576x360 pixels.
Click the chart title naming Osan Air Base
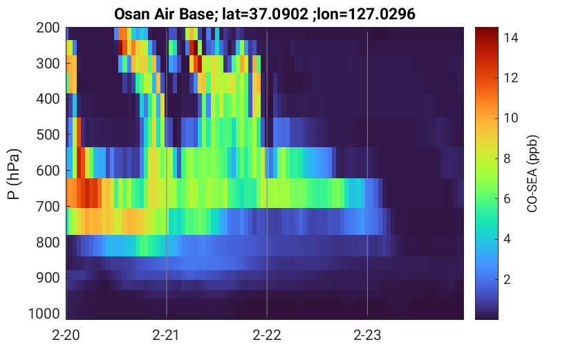tap(264, 15)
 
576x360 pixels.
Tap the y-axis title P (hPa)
tap(14, 174)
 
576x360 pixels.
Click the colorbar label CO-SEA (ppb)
tap(532, 174)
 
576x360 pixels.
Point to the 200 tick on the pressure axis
tap(48, 28)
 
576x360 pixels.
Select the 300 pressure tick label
tap(48, 64)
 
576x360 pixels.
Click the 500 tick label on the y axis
tap(48, 135)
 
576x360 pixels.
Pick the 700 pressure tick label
tap(48, 206)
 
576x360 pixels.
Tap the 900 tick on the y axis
tap(48, 278)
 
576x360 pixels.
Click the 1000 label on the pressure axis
tap(44, 314)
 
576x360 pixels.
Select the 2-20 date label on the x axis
tap(66, 335)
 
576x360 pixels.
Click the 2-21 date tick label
tap(166, 335)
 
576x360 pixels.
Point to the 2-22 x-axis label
tap(267, 335)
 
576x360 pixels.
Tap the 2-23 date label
tap(367, 335)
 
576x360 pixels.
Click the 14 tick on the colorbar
tap(510, 37)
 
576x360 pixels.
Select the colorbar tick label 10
tap(510, 117)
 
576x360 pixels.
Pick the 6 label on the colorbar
tap(507, 198)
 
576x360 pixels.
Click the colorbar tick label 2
tap(507, 279)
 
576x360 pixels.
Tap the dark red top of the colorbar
tap(487, 30)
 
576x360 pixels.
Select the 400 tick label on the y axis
tap(48, 99)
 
